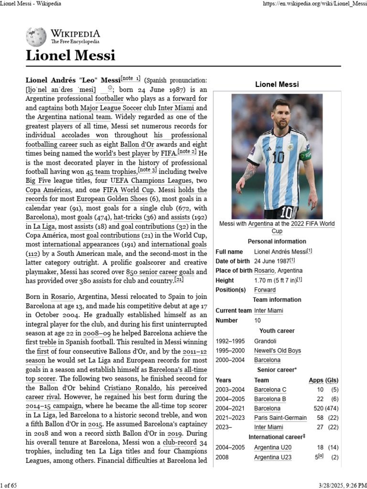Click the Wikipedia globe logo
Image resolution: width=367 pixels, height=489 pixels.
coord(36,36)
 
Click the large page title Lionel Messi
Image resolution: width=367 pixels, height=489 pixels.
coord(71,55)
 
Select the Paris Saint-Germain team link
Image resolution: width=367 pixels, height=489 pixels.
coord(280,417)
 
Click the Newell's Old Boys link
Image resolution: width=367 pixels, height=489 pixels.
coord(277,351)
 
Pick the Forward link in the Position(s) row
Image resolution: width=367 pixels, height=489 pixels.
coord(265,290)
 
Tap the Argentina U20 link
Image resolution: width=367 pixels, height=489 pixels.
coord(272,447)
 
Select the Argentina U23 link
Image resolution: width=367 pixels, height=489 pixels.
coord(272,457)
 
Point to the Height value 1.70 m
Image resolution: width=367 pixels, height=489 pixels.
coord(266,280)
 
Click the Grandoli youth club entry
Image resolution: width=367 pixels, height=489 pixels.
coord(265,341)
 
